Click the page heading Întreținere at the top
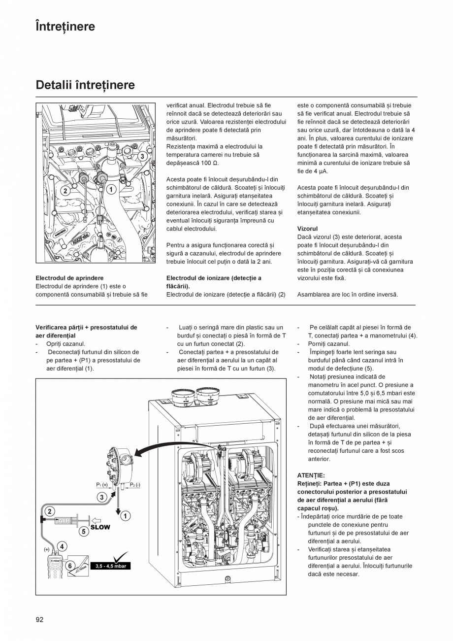[x=65, y=26]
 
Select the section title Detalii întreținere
[x=85, y=85]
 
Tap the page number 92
[x=39, y=620]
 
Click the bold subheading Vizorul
[x=307, y=229]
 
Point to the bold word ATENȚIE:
[x=311, y=475]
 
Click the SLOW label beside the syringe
[x=100, y=527]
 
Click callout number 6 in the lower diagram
[x=70, y=566]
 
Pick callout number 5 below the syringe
[x=84, y=531]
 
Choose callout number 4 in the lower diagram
[x=62, y=546]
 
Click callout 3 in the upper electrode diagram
[x=142, y=156]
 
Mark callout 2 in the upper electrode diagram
[x=65, y=190]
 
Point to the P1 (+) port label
[x=102, y=485]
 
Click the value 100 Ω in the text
[x=209, y=163]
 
